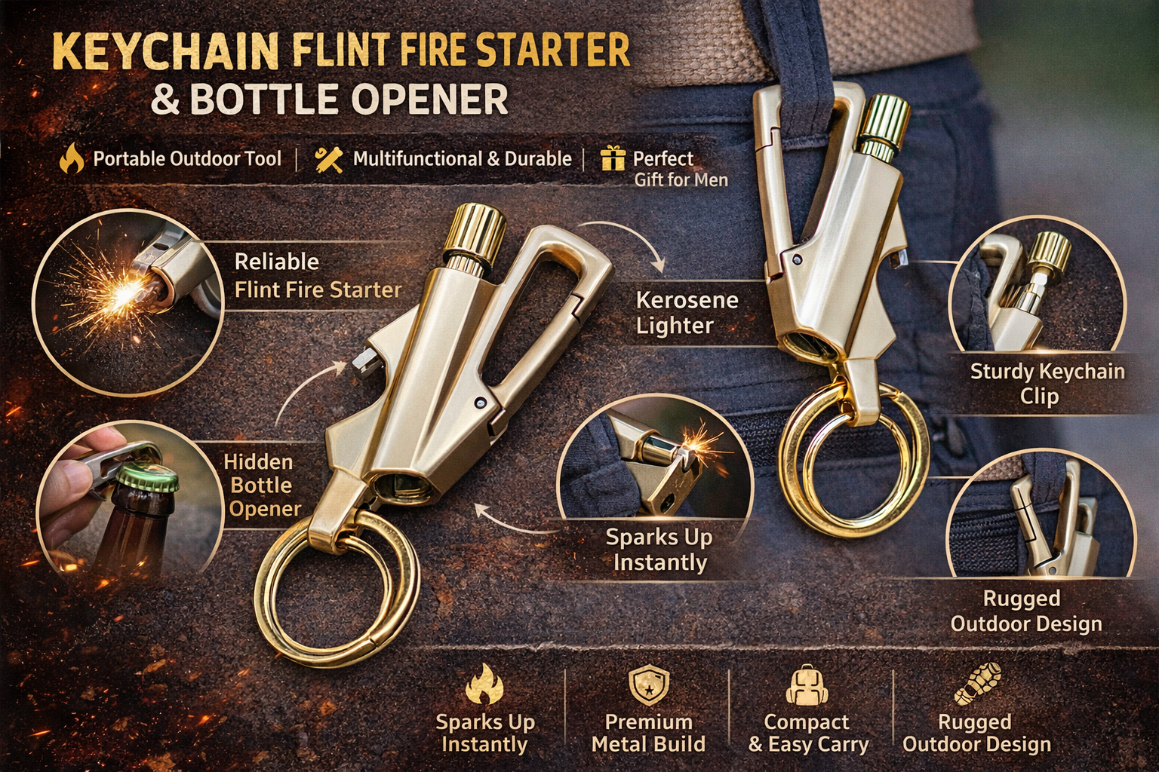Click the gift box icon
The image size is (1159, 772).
click(x=613, y=158)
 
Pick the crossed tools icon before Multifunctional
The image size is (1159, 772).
click(x=328, y=159)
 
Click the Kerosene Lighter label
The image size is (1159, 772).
click(x=687, y=313)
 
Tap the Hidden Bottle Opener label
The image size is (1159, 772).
click(x=263, y=485)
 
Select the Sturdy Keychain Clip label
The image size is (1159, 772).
click(x=1047, y=384)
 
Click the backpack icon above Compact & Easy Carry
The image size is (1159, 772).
click(x=807, y=685)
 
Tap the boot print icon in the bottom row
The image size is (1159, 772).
click(x=978, y=684)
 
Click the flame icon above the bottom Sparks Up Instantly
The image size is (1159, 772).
click(x=484, y=684)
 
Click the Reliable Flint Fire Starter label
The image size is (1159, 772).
click(x=318, y=276)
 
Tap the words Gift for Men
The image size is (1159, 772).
click(x=681, y=180)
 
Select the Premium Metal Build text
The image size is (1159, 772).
click(x=648, y=733)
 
